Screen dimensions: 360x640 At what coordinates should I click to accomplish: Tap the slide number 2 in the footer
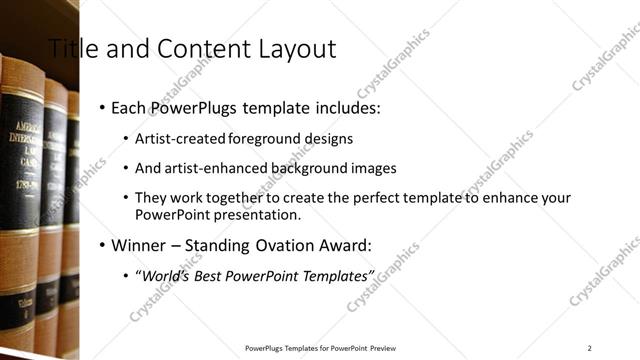tap(589, 347)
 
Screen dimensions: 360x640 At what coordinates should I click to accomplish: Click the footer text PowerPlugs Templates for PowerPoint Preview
tap(320, 347)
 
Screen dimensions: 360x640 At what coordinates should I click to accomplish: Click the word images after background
tap(368, 168)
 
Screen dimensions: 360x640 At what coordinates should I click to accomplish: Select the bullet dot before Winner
tap(103, 245)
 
